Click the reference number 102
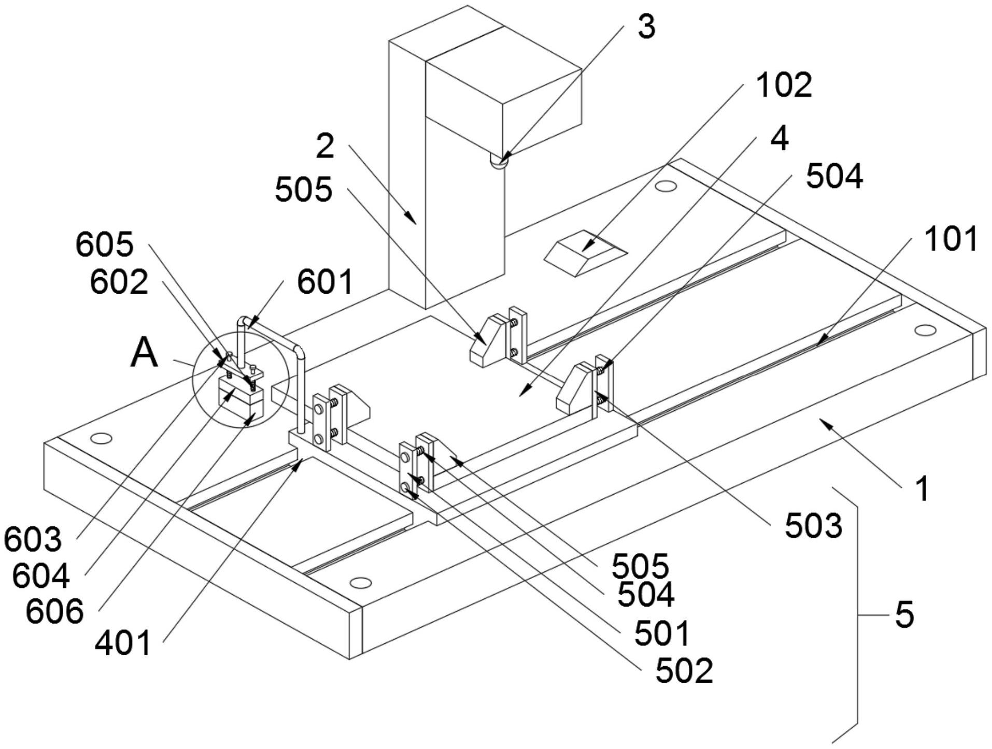tap(784, 85)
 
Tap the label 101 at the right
tap(951, 239)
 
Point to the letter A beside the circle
tap(144, 353)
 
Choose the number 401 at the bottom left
tap(123, 643)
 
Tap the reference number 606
tap(54, 611)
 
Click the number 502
tap(684, 671)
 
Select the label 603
tap(33, 539)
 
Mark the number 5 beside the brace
tap(904, 615)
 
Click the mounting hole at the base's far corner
tap(665, 185)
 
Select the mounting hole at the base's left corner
tap(101, 438)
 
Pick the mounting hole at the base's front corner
tap(360, 583)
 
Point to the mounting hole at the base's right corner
tap(926, 330)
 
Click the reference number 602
tap(119, 282)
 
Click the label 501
tap(662, 632)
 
